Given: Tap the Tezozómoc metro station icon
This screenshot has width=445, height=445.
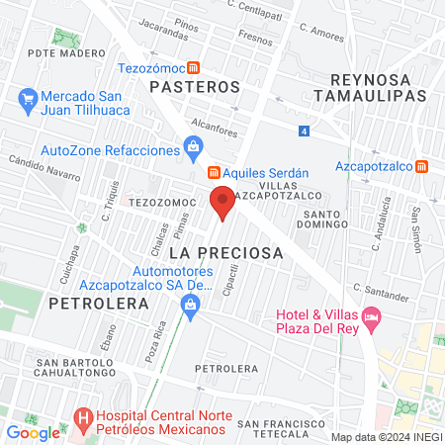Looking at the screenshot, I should [194, 68].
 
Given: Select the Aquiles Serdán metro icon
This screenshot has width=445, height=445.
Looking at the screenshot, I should [214, 172].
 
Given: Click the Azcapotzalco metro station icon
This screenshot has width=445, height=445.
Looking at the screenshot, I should [422, 165].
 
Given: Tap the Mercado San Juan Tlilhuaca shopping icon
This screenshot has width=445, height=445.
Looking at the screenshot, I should [27, 99].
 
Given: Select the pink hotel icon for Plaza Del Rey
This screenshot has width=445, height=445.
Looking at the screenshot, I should [372, 318].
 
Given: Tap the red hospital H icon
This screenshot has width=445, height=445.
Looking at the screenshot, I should [83, 419].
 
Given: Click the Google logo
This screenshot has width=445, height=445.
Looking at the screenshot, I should [33, 432].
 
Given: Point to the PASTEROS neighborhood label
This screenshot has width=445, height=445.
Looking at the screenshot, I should [194, 87].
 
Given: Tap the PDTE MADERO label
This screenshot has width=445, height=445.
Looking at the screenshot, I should [66, 52].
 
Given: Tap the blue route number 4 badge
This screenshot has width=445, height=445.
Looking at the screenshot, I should [305, 130].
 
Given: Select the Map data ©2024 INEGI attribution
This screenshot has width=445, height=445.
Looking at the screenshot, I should [387, 436].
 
